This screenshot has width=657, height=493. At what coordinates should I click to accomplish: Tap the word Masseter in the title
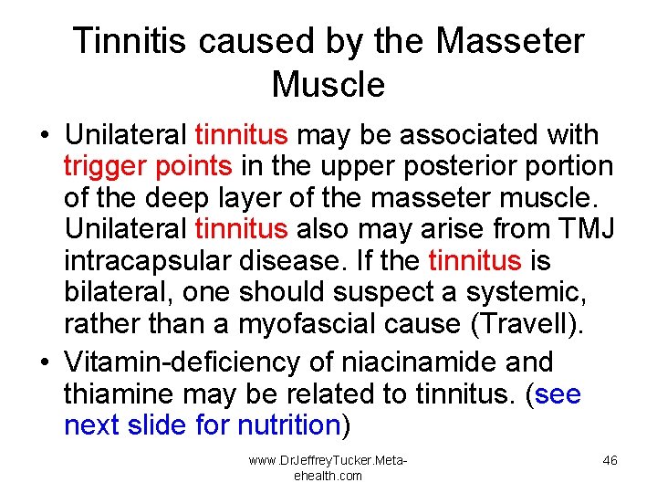click(x=511, y=41)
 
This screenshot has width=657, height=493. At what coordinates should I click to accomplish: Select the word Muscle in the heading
click(x=328, y=85)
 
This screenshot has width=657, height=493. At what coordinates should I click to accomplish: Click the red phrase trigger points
click(x=147, y=166)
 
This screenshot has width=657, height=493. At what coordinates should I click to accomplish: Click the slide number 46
click(x=610, y=460)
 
